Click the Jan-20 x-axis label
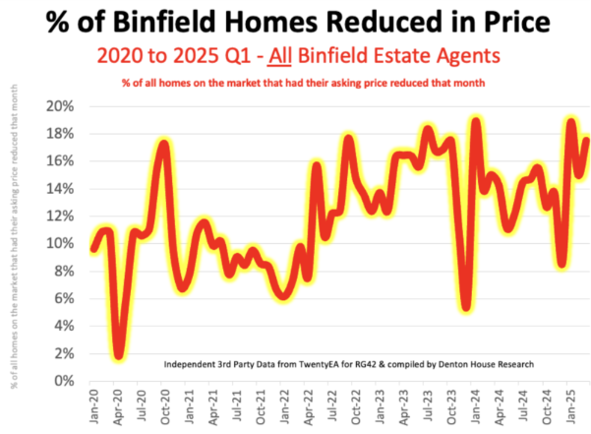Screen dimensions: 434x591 (x=93, y=403)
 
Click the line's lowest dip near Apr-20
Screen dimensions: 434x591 (x=119, y=354)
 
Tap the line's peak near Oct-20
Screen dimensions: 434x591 (x=164, y=145)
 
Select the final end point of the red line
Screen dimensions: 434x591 (x=586, y=140)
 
